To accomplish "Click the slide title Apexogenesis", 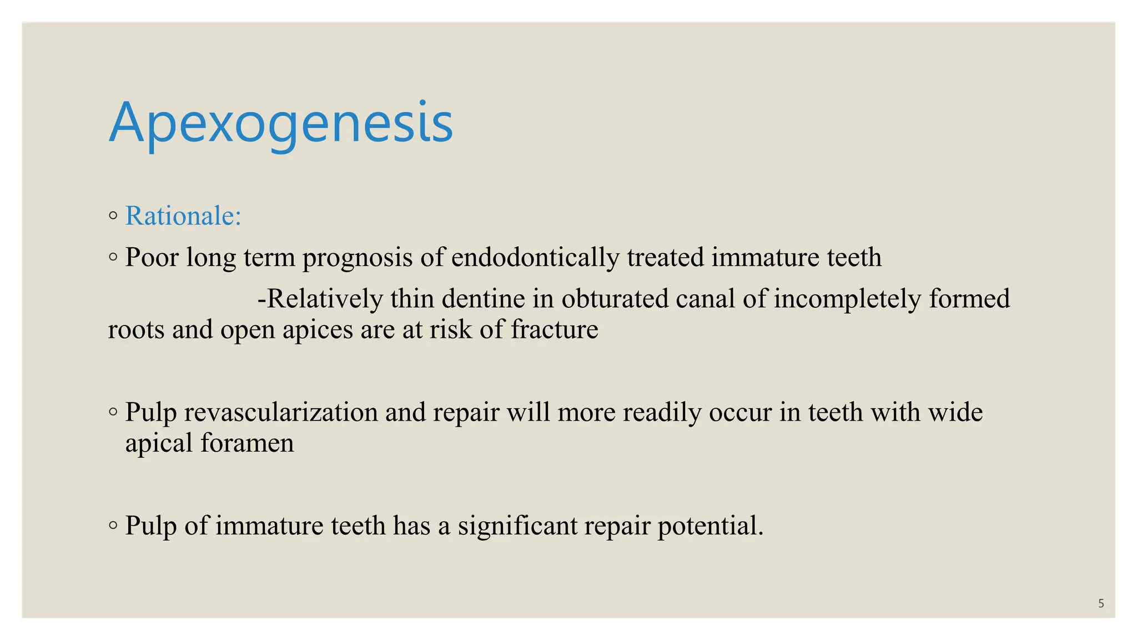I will [281, 123].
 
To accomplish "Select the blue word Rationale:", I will [183, 216].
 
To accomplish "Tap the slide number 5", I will [1101, 603].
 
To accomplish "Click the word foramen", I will [247, 443].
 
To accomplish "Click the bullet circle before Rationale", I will [113, 216].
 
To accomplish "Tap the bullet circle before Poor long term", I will [113, 257].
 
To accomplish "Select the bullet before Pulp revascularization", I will [113, 412].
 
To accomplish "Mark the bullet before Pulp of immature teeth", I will [113, 526].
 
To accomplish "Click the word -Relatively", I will [320, 299].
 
